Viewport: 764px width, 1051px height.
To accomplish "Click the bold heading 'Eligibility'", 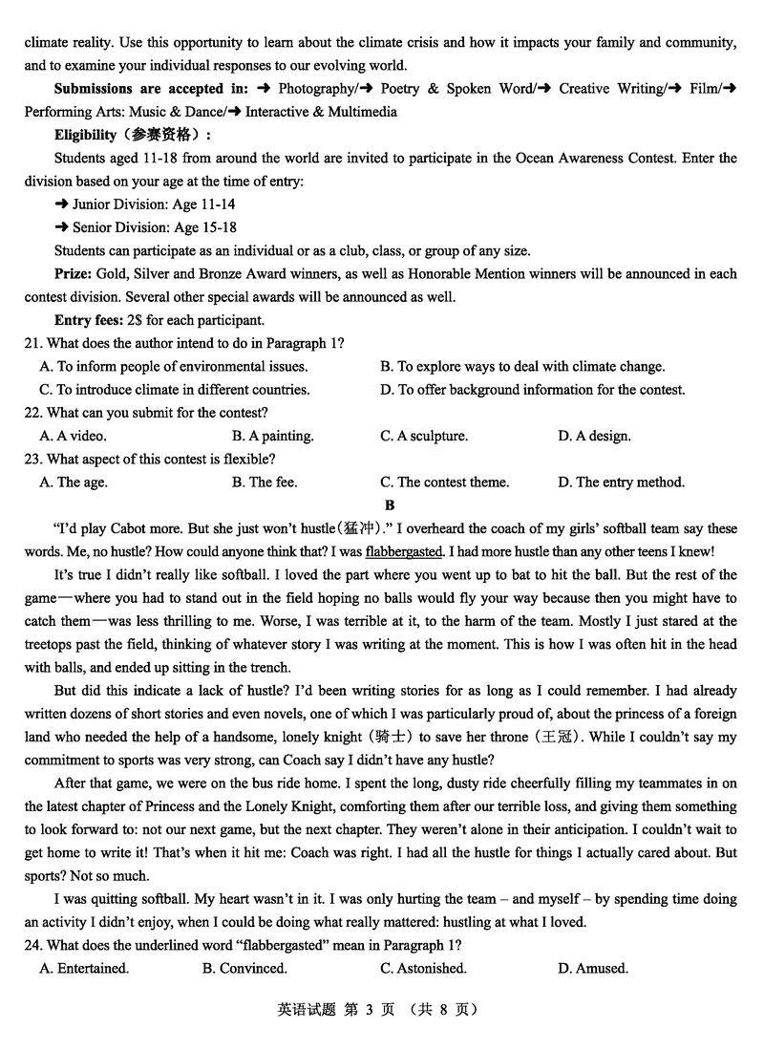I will tap(86, 135).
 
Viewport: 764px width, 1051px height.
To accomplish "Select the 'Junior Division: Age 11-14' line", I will tap(145, 204).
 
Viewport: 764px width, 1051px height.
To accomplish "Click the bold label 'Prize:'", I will tap(74, 274).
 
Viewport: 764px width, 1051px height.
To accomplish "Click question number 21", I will tap(33, 343).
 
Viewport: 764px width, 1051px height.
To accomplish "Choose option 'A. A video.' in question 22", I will tap(73, 436).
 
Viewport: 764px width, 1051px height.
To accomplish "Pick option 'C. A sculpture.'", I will tap(424, 436).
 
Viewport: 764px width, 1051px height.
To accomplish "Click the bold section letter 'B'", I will tap(389, 505).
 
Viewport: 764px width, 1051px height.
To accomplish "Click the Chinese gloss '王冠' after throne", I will tap(560, 737).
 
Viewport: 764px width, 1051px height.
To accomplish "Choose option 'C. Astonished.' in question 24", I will tap(423, 969).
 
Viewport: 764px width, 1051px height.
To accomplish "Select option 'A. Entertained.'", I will tap(84, 969).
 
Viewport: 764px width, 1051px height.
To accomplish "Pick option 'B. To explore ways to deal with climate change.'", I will tap(522, 366).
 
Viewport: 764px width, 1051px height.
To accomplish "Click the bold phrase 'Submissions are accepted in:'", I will tap(151, 89).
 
